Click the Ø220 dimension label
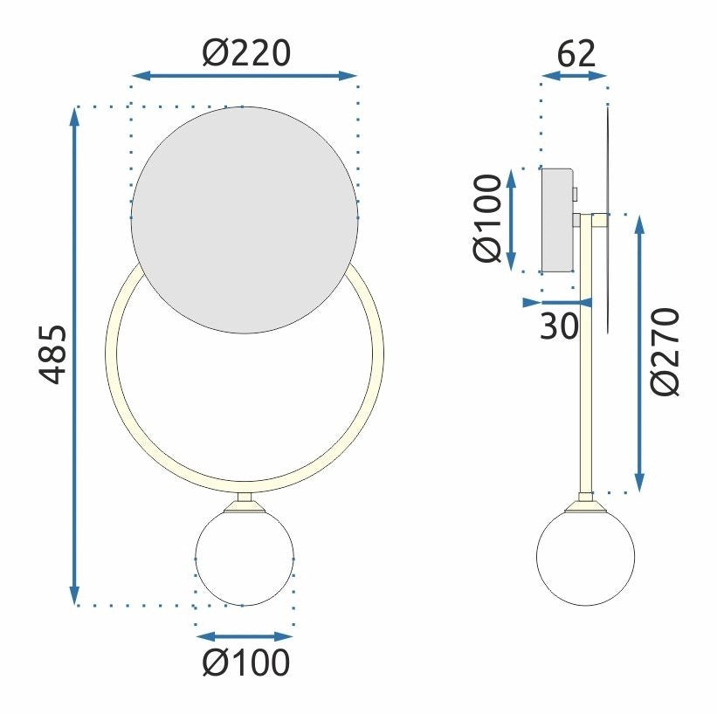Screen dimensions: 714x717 pos(245,54)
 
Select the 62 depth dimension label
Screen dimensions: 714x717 pos(576,54)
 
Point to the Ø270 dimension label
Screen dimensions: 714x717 pos(666,352)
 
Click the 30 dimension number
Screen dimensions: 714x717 pos(559,326)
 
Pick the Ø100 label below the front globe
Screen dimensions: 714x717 pos(245,664)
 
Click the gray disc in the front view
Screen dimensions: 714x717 pos(245,219)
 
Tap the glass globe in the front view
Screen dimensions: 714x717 pos(245,558)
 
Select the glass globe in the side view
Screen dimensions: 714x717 pos(585,556)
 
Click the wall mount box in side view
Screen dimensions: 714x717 pos(557,219)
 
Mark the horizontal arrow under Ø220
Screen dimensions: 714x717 pos(245,76)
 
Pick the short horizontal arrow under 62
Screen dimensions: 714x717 pos(574,76)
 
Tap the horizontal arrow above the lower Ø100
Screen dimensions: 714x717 pos(245,636)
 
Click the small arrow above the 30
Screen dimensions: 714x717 pos(557,303)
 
